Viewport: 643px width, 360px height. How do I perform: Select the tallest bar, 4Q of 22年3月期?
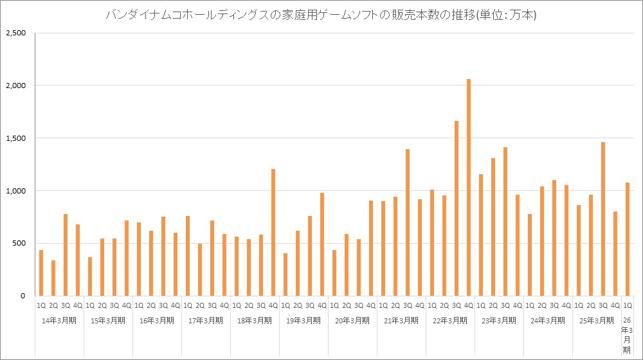pos(469,187)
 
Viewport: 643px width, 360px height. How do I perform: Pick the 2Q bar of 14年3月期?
pos(53,278)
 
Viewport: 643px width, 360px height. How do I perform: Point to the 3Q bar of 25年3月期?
pos(603,219)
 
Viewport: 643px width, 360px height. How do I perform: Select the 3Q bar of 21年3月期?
pos(408,222)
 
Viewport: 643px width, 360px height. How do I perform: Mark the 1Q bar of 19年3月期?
pos(285,274)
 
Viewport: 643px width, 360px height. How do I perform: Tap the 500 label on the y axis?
pos(17,244)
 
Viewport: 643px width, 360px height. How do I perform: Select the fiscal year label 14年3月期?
pos(59,320)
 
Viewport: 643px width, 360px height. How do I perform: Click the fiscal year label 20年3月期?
pos(352,320)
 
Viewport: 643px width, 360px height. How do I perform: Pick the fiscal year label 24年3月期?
pos(548,320)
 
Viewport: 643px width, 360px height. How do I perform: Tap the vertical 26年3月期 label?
pos(627,334)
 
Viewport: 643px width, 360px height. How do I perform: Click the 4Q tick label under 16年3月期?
pos(176,306)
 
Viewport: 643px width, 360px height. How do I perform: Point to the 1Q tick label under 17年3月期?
pos(188,306)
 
